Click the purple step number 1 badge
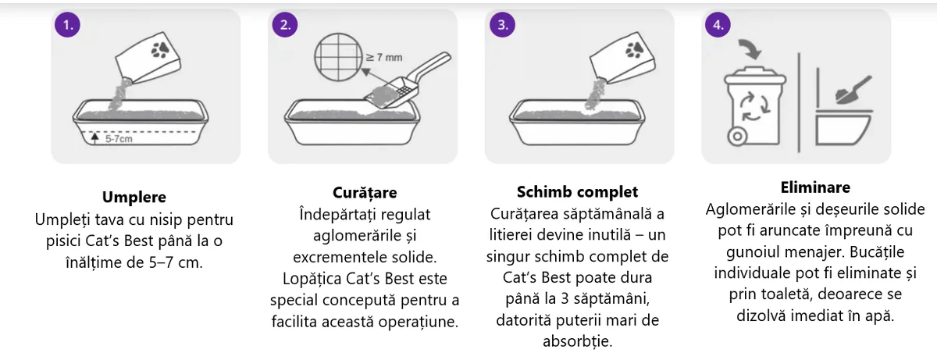coord(68,24)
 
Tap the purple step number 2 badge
coord(285,24)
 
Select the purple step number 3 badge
coord(501,24)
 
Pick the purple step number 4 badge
coord(718,24)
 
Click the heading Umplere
coord(134,198)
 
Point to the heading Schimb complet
coord(578,192)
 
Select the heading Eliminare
coord(815,188)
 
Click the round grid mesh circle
coord(339,60)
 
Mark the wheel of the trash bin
coord(735,138)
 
